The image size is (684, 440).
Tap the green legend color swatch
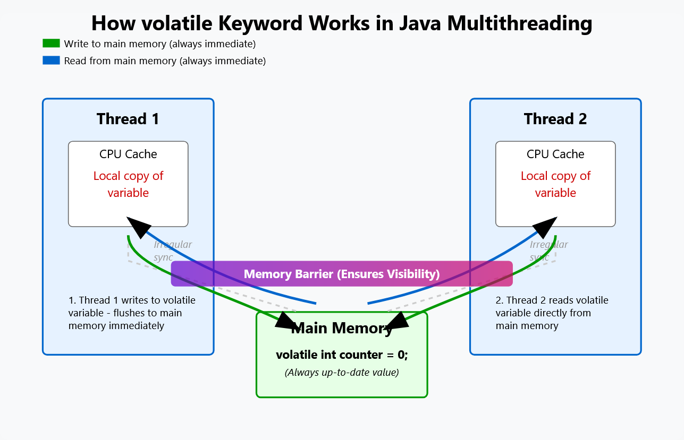click(51, 44)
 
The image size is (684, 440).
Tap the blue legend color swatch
click(51, 61)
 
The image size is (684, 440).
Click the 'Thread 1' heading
click(128, 119)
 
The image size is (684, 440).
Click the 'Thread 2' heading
click(555, 119)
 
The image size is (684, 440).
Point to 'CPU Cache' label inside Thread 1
click(128, 154)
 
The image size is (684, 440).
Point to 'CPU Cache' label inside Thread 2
click(555, 154)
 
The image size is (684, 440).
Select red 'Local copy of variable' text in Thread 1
click(128, 184)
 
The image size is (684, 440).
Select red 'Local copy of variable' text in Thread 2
click(555, 184)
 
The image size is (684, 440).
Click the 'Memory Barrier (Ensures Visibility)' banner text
click(342, 274)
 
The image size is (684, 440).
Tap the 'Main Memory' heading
click(342, 329)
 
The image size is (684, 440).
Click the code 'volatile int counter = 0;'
click(342, 355)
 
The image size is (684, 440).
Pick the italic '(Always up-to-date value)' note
click(342, 373)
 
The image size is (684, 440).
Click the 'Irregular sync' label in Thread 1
click(172, 251)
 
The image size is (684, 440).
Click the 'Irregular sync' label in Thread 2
click(548, 251)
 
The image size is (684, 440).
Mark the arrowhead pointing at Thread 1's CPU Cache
click(138, 227)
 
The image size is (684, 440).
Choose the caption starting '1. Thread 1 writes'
click(132, 313)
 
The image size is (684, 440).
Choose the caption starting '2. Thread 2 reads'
click(552, 313)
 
